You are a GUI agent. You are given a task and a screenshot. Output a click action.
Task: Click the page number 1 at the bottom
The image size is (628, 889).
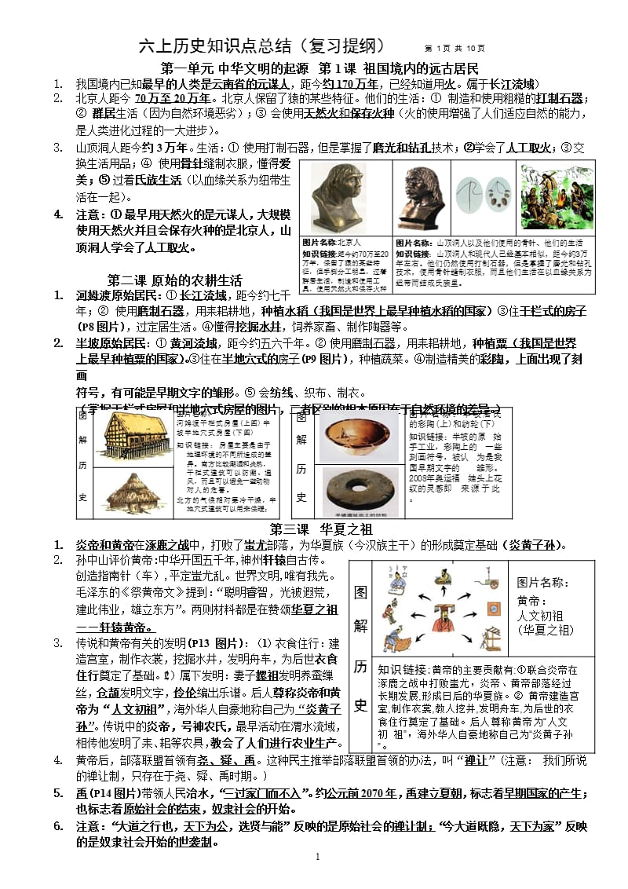317,855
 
